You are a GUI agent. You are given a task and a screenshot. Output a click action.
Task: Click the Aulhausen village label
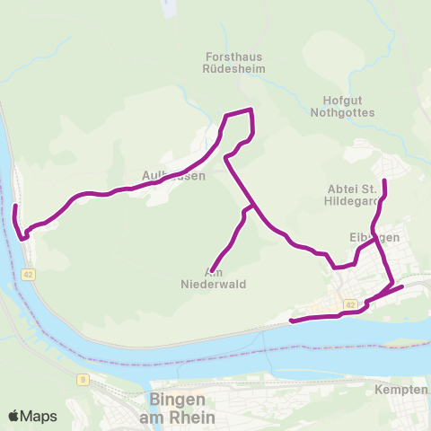(174, 176)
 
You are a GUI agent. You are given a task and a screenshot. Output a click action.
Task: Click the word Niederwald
(214, 284)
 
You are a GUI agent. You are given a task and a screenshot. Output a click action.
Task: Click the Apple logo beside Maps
(14, 417)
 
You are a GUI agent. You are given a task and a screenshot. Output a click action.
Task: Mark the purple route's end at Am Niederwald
(210, 269)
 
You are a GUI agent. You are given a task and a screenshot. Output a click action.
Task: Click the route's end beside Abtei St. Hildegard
(384, 182)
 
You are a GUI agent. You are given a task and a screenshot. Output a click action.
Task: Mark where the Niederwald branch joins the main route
(256, 206)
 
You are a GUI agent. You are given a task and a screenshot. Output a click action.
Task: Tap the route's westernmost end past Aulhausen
(15, 207)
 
